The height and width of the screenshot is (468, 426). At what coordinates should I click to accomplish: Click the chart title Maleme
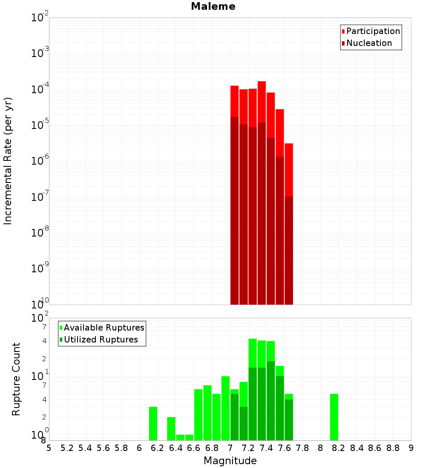coord(213,6)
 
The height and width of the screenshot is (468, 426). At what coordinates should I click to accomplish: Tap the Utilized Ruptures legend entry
coord(101,340)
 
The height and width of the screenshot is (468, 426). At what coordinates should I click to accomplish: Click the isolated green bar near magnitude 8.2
coord(334,417)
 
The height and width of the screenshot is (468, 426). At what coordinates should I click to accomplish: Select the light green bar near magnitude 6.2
coord(153,423)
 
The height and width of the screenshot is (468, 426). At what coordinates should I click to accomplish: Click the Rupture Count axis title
coord(16,379)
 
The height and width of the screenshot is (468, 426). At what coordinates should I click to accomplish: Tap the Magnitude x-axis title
coord(230,461)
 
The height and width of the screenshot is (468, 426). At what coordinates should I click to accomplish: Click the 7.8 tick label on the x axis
coord(302,448)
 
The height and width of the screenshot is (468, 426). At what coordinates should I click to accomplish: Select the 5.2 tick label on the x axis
coord(67,448)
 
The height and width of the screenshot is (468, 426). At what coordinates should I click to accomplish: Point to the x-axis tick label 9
coord(411,448)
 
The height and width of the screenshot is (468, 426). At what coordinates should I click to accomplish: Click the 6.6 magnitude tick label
coord(194,448)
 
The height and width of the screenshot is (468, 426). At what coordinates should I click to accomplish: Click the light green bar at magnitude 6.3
coord(171,428)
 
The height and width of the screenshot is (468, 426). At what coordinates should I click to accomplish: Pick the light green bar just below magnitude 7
coord(225,408)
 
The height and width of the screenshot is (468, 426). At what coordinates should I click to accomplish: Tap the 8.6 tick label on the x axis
coord(375,448)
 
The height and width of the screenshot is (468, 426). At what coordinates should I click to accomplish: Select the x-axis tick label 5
coord(49,448)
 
